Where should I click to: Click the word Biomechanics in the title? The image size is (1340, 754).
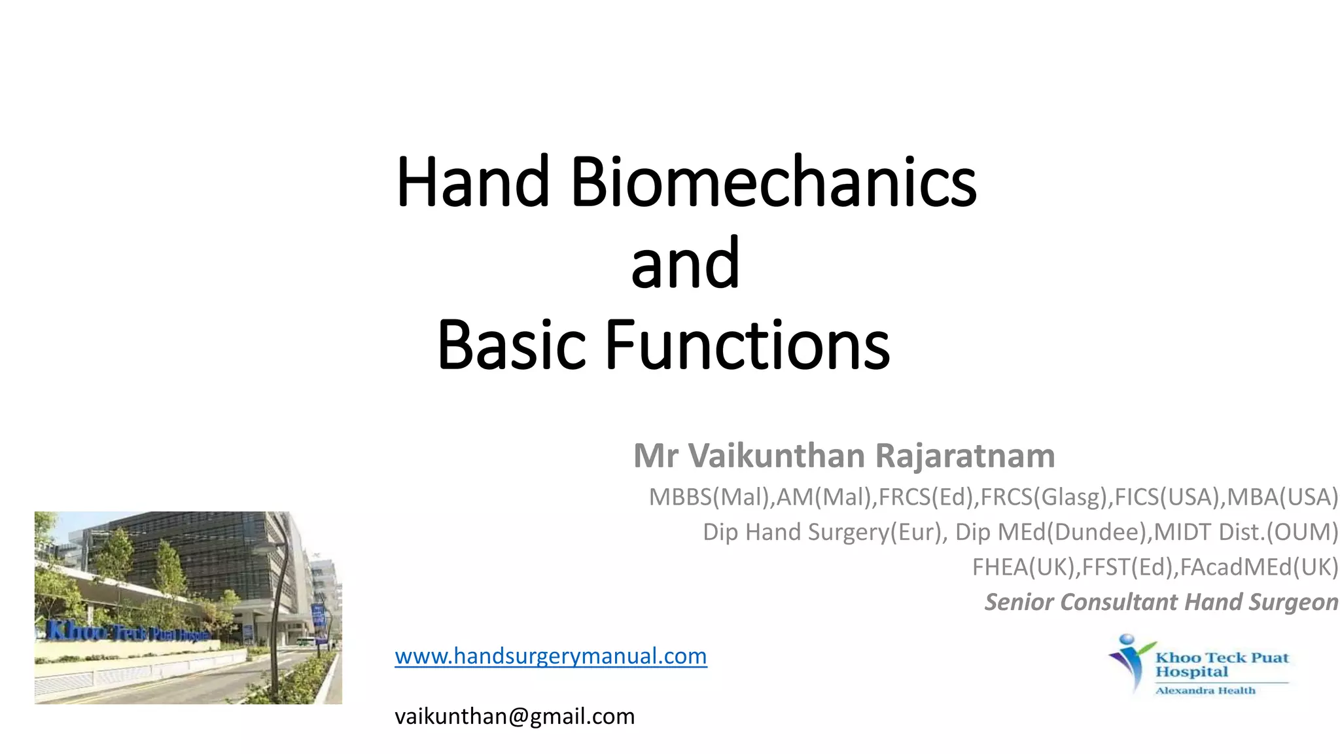[x=773, y=182]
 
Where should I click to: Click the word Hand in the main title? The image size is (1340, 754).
[x=472, y=182]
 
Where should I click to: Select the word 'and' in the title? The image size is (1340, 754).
[x=685, y=264]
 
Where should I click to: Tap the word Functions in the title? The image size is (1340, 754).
[x=747, y=345]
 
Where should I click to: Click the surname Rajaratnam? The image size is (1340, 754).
[x=964, y=456]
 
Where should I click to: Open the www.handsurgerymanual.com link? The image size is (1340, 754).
[x=550, y=656]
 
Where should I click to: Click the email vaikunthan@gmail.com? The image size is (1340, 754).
[x=514, y=716]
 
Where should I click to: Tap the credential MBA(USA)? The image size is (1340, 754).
[x=1282, y=497]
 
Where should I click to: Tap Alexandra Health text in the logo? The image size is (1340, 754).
[x=1205, y=691]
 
